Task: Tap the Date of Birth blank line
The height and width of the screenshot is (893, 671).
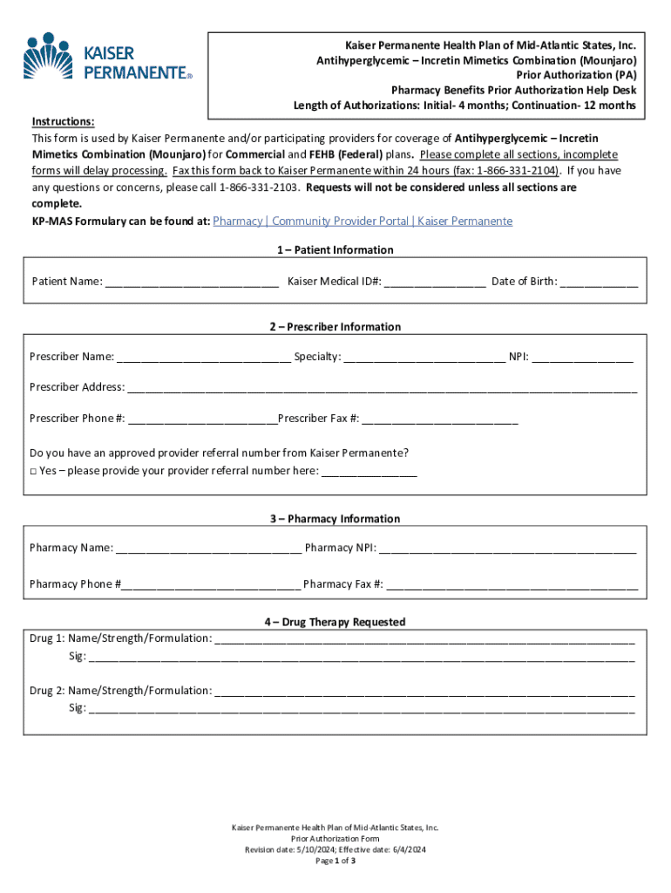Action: pos(599,283)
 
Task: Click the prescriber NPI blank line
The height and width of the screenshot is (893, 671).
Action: pos(583,358)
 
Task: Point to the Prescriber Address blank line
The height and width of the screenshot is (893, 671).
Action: pos(382,388)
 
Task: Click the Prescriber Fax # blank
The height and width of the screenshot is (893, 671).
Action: pos(439,419)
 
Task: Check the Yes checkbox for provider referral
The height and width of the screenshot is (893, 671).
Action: pos(33,471)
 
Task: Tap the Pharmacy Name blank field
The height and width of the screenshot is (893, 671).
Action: pos(208,549)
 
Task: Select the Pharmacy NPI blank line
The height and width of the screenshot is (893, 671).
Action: pos(507,549)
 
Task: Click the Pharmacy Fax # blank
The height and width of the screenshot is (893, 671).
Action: pos(512,585)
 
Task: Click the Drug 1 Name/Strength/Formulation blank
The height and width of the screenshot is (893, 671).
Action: pos(424,639)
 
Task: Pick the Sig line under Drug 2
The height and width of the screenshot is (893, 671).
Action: pos(362,709)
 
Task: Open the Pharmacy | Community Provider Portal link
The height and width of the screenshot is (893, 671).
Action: pos(363,222)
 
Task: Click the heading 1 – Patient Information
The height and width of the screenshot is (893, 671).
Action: pos(335,250)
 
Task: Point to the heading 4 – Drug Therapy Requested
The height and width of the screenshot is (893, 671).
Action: pos(335,623)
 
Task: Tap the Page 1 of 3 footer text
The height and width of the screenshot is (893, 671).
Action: pos(335,861)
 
